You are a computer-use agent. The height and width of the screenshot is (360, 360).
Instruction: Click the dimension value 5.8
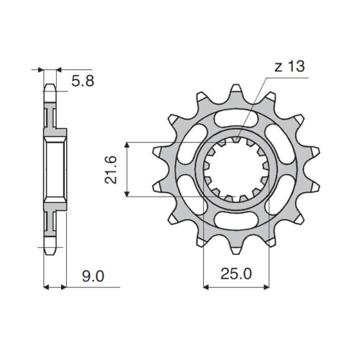(x=83, y=81)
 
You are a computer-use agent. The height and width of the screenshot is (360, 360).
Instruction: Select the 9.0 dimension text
(x=93, y=276)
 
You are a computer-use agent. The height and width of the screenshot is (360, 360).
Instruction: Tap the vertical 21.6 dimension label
(x=111, y=170)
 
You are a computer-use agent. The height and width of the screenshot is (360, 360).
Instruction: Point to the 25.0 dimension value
(x=236, y=274)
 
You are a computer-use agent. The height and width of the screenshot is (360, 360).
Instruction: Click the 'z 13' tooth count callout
(x=289, y=66)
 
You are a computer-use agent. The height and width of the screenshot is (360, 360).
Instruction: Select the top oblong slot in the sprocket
(x=236, y=119)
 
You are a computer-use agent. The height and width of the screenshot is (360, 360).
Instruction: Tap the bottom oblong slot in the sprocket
(x=236, y=220)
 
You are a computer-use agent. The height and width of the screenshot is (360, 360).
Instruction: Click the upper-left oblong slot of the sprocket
(x=192, y=144)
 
